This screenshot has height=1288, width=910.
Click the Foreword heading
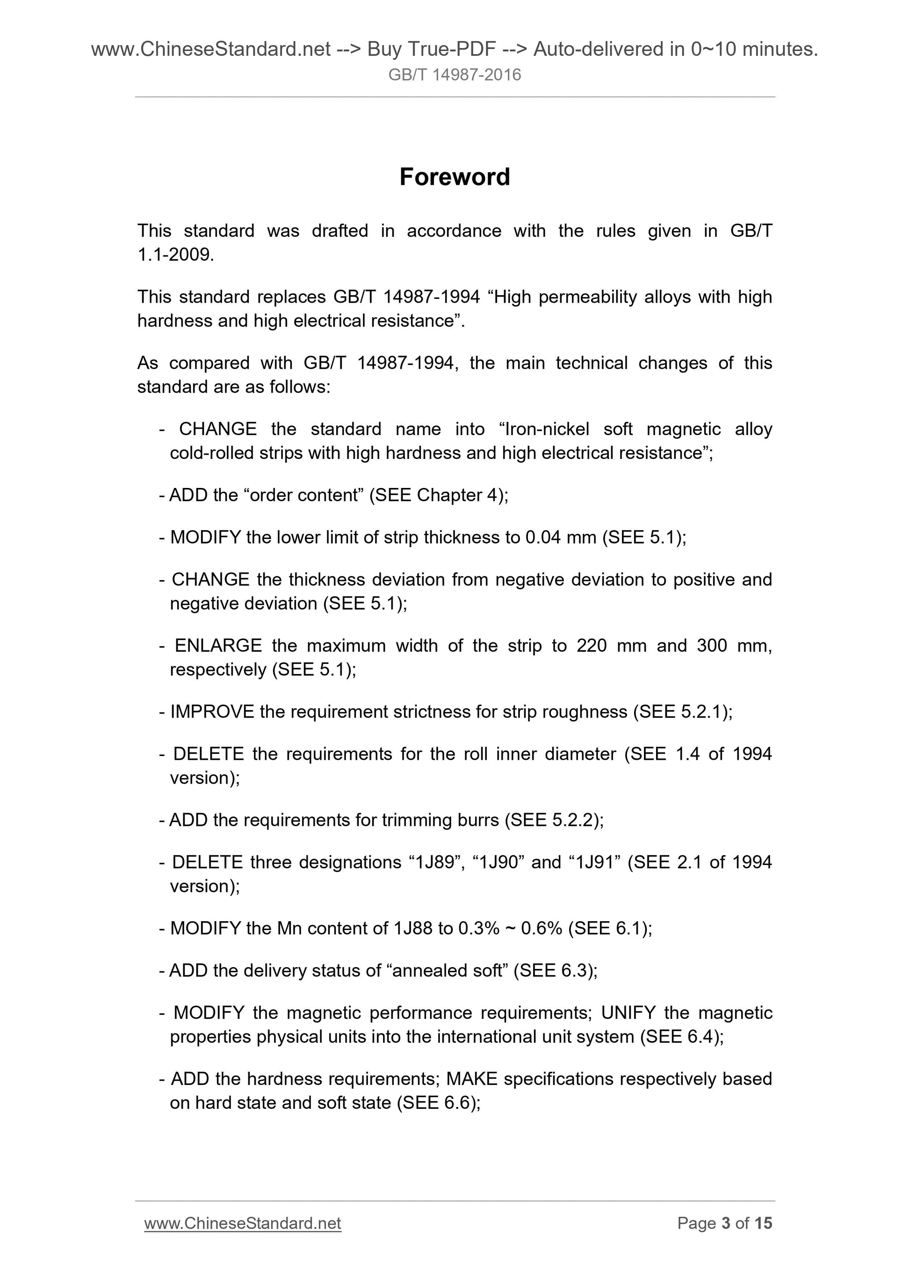(x=455, y=177)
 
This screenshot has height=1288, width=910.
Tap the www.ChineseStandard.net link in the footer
(x=242, y=1223)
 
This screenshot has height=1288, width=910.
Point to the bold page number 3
(x=726, y=1223)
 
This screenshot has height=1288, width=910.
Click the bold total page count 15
(x=763, y=1223)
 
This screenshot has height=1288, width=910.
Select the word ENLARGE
(x=218, y=646)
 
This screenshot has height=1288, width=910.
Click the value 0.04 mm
(x=560, y=538)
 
